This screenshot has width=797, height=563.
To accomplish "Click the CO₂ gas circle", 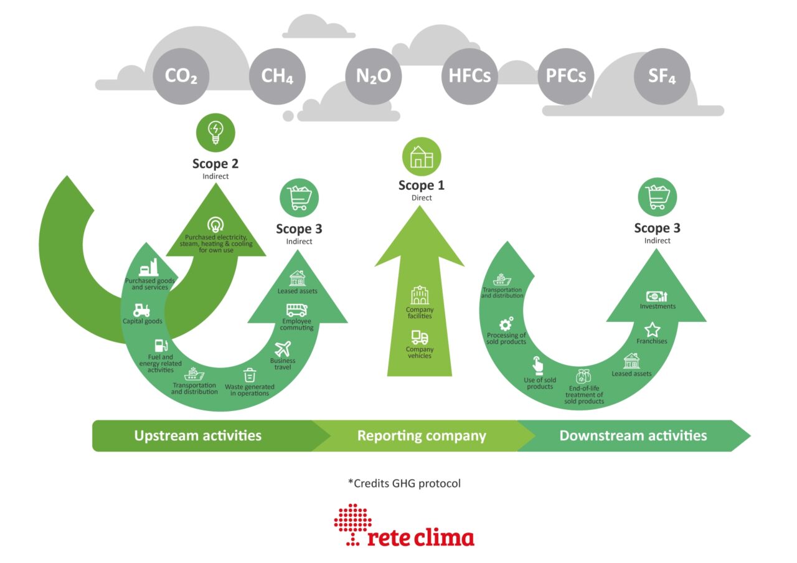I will coord(181,77).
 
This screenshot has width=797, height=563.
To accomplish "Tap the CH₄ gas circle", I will coord(277,77).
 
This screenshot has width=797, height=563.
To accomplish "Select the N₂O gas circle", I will coord(373,77).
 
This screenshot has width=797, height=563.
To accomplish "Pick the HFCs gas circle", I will coord(469,77).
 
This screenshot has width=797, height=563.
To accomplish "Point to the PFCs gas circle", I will coord(565,77).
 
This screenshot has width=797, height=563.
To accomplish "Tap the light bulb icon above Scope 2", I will coord(215,132).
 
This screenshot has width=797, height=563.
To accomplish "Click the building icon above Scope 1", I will coord(421,156).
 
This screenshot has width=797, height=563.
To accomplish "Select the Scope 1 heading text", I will coord(422,186).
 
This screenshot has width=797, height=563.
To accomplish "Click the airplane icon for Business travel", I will coord(283,349).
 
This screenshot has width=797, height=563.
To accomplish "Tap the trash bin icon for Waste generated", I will coord(249,375).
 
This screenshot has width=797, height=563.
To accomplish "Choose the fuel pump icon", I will coord(160,344).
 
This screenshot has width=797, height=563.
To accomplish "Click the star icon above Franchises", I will coord(652,329).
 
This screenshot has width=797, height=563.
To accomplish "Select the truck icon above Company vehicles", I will coord(420,338).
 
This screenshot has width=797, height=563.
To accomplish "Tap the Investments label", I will coord(658,306).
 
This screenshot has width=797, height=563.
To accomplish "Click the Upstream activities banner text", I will coord(197,435).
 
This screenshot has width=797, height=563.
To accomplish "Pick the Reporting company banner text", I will coord(422,435).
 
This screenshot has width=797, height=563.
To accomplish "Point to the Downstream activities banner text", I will coord(633,435).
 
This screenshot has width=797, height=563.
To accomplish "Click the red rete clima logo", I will coord(404,526).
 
